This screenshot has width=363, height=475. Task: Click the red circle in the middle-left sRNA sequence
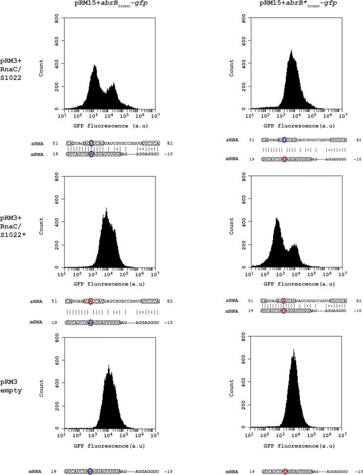(91, 301)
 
